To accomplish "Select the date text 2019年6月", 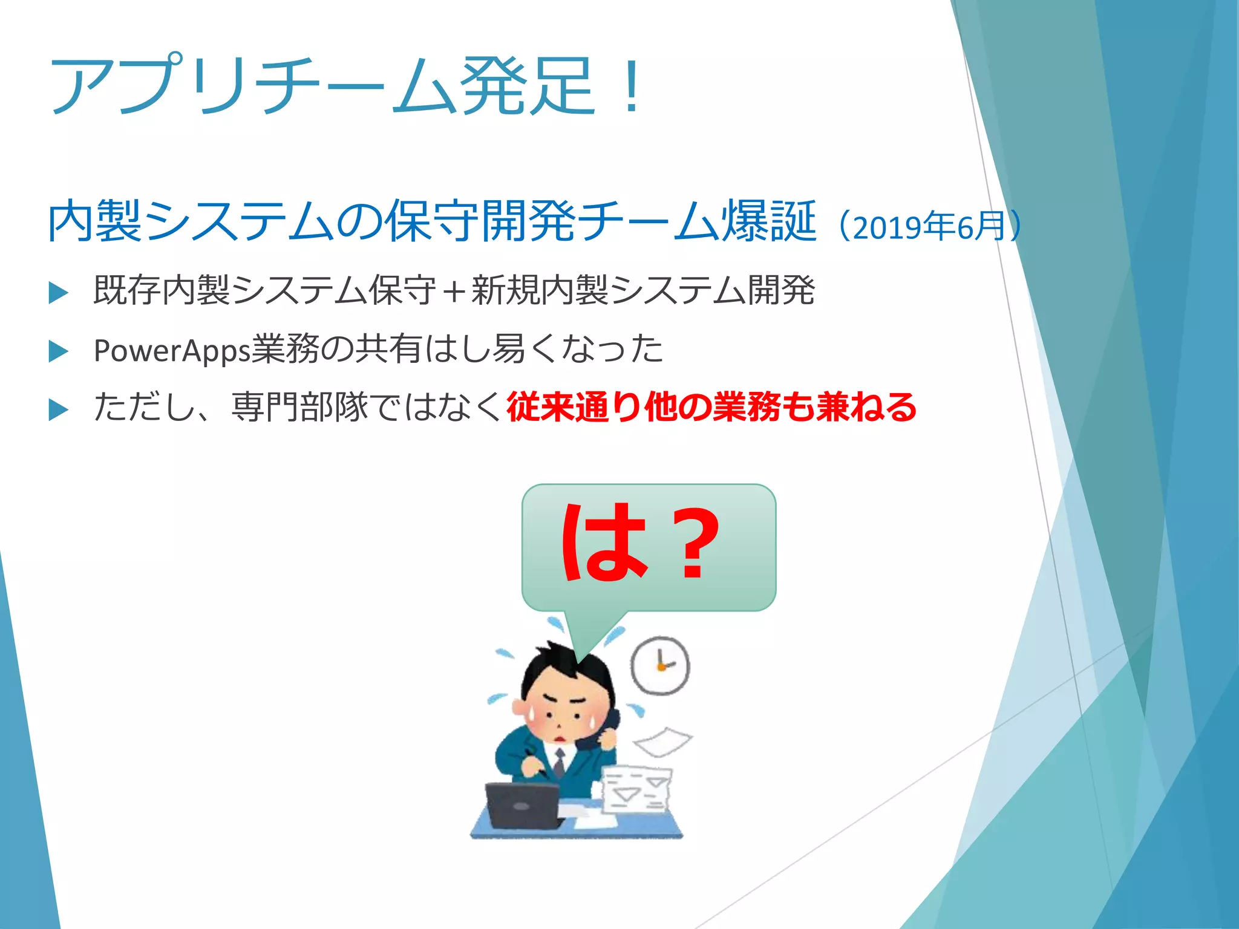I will click(x=929, y=226).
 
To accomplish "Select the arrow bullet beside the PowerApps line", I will click(x=58, y=351).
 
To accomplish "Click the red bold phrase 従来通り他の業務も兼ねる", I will click(x=711, y=407).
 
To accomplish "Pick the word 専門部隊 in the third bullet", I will click(x=299, y=407).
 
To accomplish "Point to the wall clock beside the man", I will click(x=660, y=665).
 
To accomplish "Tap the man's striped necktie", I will click(x=559, y=763).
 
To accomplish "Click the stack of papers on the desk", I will click(x=636, y=790).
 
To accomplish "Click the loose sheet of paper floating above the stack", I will click(x=662, y=742).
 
